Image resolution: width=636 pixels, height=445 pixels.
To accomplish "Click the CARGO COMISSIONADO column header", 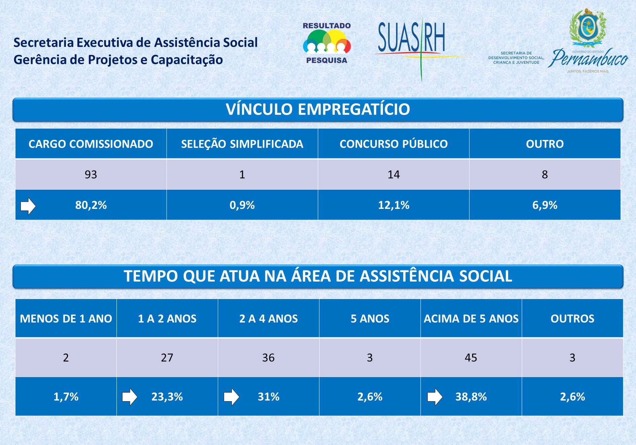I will [x=91, y=144].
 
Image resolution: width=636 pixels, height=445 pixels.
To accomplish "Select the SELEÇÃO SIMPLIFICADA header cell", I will [x=242, y=144].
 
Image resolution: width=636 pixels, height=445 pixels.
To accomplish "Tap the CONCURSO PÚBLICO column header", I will [x=393, y=144].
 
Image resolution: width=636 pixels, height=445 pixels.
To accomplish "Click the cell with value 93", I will [x=91, y=174].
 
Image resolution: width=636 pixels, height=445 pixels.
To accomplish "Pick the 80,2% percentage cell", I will [x=91, y=205].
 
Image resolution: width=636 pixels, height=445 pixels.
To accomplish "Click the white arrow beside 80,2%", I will [x=28, y=206].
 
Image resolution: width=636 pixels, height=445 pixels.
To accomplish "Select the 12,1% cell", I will [x=393, y=205].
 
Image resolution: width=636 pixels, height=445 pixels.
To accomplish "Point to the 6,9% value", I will [x=544, y=205].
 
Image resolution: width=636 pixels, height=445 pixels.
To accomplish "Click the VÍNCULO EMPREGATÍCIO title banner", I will [x=318, y=109].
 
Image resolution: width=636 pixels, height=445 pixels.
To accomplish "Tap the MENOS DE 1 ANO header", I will [x=66, y=318].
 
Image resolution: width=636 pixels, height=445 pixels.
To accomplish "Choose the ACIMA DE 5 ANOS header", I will [x=471, y=318].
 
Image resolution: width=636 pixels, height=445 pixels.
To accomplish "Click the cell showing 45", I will [x=471, y=357].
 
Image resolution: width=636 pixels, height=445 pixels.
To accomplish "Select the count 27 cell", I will [x=167, y=357].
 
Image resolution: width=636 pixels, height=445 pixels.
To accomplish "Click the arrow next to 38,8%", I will [x=434, y=397].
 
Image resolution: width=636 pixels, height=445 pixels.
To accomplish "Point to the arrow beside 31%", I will [x=231, y=397].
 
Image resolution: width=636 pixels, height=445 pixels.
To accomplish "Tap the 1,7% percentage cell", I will [x=66, y=397].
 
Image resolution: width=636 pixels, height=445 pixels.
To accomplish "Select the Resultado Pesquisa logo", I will [x=326, y=43].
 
